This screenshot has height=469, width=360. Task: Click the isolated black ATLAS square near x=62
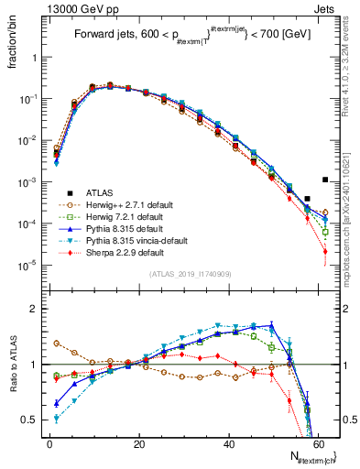[326, 180]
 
